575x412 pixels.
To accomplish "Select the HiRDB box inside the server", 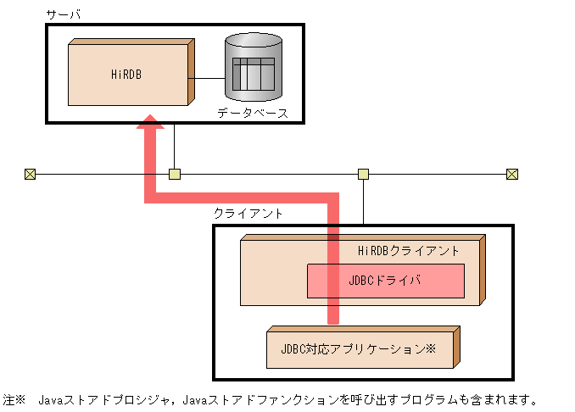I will click(x=127, y=74).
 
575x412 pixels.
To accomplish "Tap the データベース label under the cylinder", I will click(x=253, y=113).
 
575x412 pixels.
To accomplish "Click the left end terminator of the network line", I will click(x=30, y=175).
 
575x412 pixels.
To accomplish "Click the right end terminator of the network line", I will click(x=511, y=175).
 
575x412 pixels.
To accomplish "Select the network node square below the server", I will click(x=175, y=175).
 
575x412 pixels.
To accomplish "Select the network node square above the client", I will click(x=363, y=175).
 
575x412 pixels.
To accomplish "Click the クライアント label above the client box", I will click(x=248, y=214).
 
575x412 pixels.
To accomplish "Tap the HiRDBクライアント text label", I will click(x=409, y=251).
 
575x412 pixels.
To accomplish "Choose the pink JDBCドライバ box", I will click(x=385, y=281).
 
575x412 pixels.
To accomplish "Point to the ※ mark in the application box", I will click(x=430, y=348).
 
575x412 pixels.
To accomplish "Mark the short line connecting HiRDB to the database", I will click(x=205, y=79).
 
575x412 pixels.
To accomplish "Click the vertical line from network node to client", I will click(x=363, y=202).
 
